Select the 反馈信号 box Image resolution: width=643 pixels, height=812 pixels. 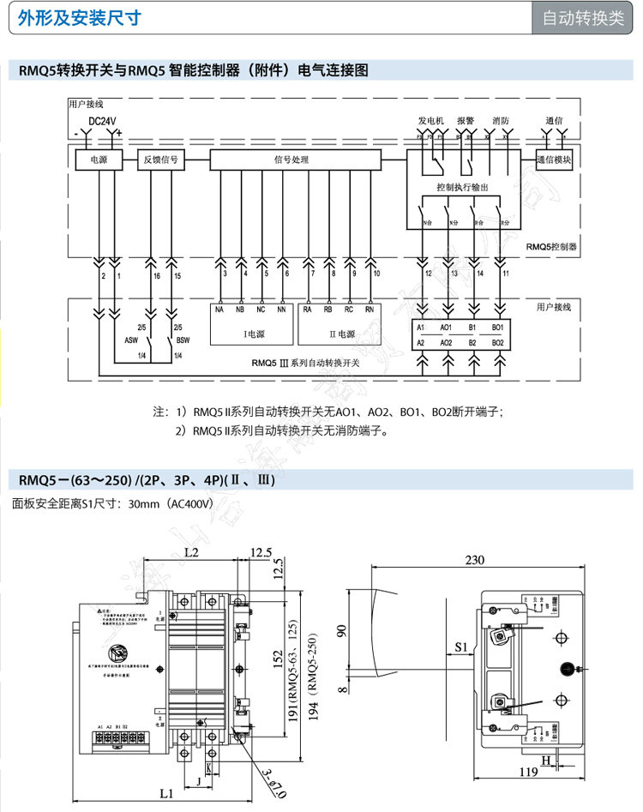click(x=160, y=159)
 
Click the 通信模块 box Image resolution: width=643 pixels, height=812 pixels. click(x=553, y=159)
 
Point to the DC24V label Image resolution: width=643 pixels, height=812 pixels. click(x=102, y=121)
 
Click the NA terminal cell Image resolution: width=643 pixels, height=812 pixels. click(x=219, y=310)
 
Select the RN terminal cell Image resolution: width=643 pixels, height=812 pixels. click(x=369, y=310)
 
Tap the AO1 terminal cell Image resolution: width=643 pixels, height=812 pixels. click(x=447, y=328)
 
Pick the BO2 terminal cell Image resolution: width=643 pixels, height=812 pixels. click(x=498, y=343)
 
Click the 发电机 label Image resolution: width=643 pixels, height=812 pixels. click(x=430, y=120)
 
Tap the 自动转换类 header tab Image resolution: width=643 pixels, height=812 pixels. click(x=583, y=19)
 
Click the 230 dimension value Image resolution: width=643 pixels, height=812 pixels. click(x=474, y=560)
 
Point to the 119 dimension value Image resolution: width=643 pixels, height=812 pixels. click(x=528, y=772)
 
